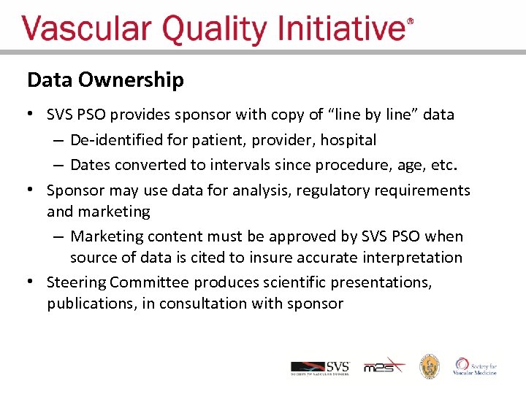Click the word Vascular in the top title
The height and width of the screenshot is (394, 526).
click(x=87, y=30)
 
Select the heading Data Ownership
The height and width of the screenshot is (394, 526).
click(x=105, y=80)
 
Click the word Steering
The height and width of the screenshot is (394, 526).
click(x=76, y=282)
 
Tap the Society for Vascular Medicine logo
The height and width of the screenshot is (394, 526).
click(x=476, y=366)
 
